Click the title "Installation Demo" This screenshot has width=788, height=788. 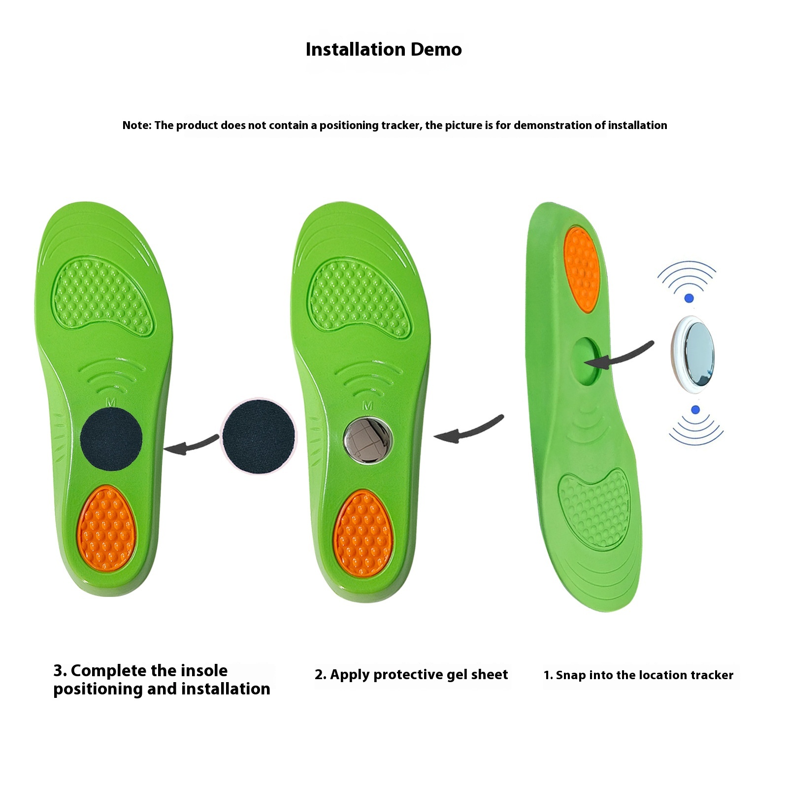tap(384, 49)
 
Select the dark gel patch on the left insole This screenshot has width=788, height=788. tap(111, 439)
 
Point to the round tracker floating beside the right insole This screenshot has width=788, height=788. tap(693, 354)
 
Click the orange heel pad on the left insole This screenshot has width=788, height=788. tap(106, 527)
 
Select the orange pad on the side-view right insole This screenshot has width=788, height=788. tap(581, 269)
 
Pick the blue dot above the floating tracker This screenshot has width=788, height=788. tap(689, 298)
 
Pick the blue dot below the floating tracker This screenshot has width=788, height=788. tap(695, 410)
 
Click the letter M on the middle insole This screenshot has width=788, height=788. tap(367, 405)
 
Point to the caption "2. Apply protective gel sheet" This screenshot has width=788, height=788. tap(411, 675)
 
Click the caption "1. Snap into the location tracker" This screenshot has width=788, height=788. tap(638, 675)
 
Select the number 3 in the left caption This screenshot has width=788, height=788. tap(59, 671)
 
